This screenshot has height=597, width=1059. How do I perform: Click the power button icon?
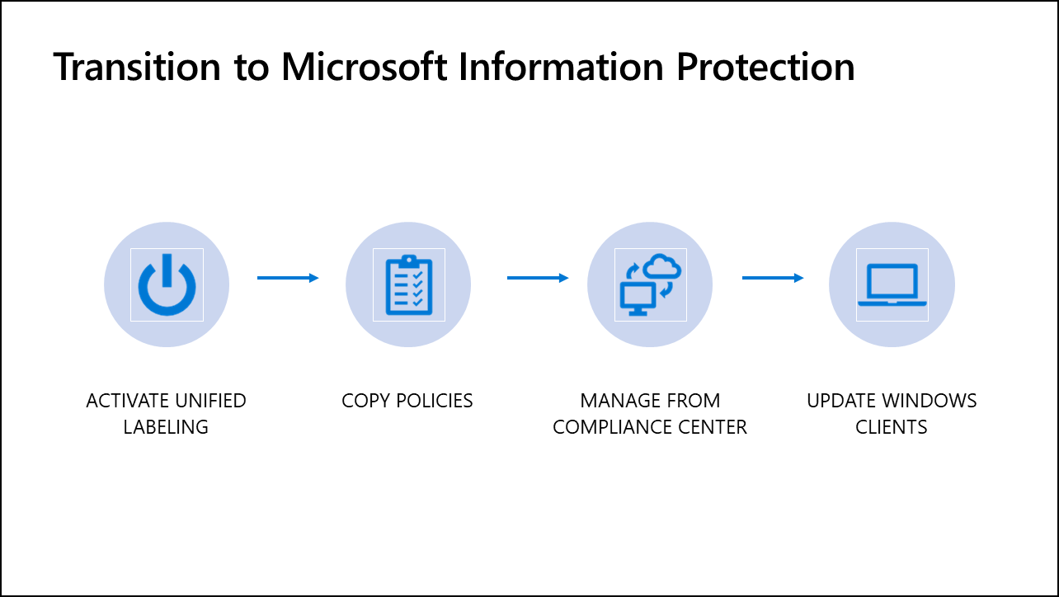pos(167,284)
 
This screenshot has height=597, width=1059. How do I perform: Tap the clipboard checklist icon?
pos(408,284)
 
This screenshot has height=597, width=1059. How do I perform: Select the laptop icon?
pos(892,285)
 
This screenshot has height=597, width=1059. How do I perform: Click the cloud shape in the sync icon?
pos(662,267)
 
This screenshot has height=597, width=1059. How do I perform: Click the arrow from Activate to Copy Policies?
pos(288,278)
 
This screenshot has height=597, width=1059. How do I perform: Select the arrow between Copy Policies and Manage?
pos(538,278)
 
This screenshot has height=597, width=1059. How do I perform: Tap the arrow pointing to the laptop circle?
pos(773,278)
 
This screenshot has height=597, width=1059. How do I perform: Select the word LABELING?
pos(166,427)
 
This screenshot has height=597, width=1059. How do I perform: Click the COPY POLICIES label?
pos(407,402)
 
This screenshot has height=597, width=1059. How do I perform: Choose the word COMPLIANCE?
pos(610,427)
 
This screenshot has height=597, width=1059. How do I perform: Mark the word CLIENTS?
pos(892,427)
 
